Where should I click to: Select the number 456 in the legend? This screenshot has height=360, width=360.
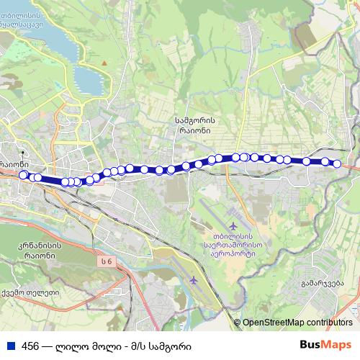tap(30, 346)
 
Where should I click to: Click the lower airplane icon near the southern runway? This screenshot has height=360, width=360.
tap(192, 279)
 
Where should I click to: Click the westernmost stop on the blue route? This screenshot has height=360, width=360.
tap(23, 174)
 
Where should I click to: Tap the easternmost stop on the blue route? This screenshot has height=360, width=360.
tap(336, 164)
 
